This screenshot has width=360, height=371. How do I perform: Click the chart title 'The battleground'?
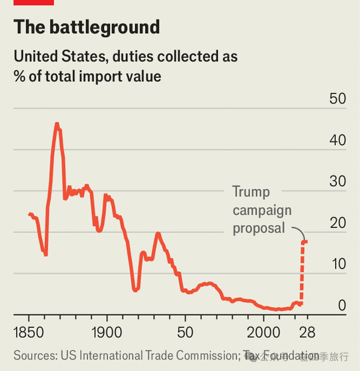(86, 27)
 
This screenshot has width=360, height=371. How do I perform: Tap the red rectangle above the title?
(34, 2)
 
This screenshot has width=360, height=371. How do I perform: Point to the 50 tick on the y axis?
(337, 100)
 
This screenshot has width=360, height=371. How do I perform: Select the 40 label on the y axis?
(337, 141)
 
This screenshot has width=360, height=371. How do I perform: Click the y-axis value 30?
(337, 182)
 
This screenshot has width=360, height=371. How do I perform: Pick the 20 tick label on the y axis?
(337, 223)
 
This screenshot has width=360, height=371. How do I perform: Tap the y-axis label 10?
(337, 264)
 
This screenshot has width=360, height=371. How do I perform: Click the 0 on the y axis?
(342, 306)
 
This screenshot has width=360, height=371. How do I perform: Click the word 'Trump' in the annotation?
(250, 193)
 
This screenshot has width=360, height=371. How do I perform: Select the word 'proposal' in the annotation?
(259, 228)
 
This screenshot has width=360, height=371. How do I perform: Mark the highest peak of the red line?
(57, 124)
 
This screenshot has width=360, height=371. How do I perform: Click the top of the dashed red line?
(304, 241)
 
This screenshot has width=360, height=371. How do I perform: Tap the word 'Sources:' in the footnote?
(34, 356)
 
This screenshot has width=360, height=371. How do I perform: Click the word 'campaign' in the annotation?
(262, 210)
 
